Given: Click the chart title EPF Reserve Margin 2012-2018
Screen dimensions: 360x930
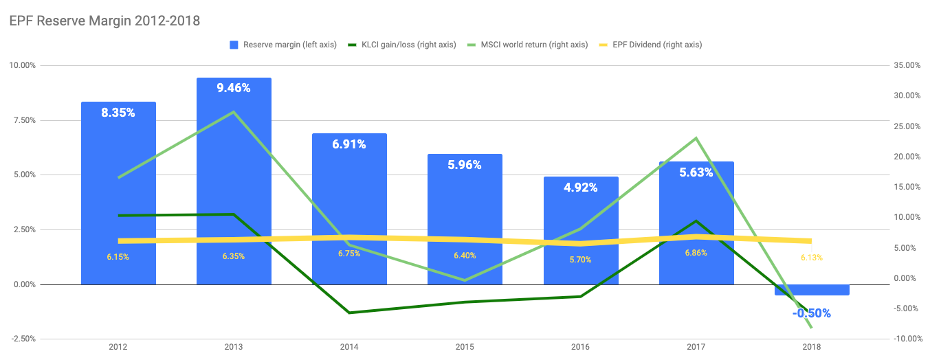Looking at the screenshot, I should click(x=104, y=21).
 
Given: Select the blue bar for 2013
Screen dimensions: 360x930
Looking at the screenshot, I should click(x=234, y=172).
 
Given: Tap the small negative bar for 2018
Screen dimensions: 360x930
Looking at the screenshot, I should click(x=812, y=290).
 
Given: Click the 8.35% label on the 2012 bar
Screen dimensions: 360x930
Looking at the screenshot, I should click(x=118, y=113).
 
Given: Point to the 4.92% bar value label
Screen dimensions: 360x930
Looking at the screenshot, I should click(x=581, y=188).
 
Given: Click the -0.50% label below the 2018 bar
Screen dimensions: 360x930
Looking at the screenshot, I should click(x=812, y=313).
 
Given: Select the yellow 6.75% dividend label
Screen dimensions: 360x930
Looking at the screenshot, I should click(x=349, y=254).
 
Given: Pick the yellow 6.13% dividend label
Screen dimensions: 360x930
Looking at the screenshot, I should click(x=812, y=258).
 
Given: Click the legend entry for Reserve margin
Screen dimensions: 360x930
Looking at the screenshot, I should click(x=283, y=45).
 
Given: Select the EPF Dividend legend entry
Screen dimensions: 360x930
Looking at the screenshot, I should click(x=654, y=45).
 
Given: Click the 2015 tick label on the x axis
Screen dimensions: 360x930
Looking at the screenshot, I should click(x=465, y=348).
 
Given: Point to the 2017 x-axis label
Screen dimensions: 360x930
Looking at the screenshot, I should click(x=696, y=348).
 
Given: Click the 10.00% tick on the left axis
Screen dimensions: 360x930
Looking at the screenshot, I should click(x=22, y=66).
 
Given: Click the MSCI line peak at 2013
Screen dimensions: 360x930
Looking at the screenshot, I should click(x=234, y=111).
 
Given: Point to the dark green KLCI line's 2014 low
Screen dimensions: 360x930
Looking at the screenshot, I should click(x=349, y=313).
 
